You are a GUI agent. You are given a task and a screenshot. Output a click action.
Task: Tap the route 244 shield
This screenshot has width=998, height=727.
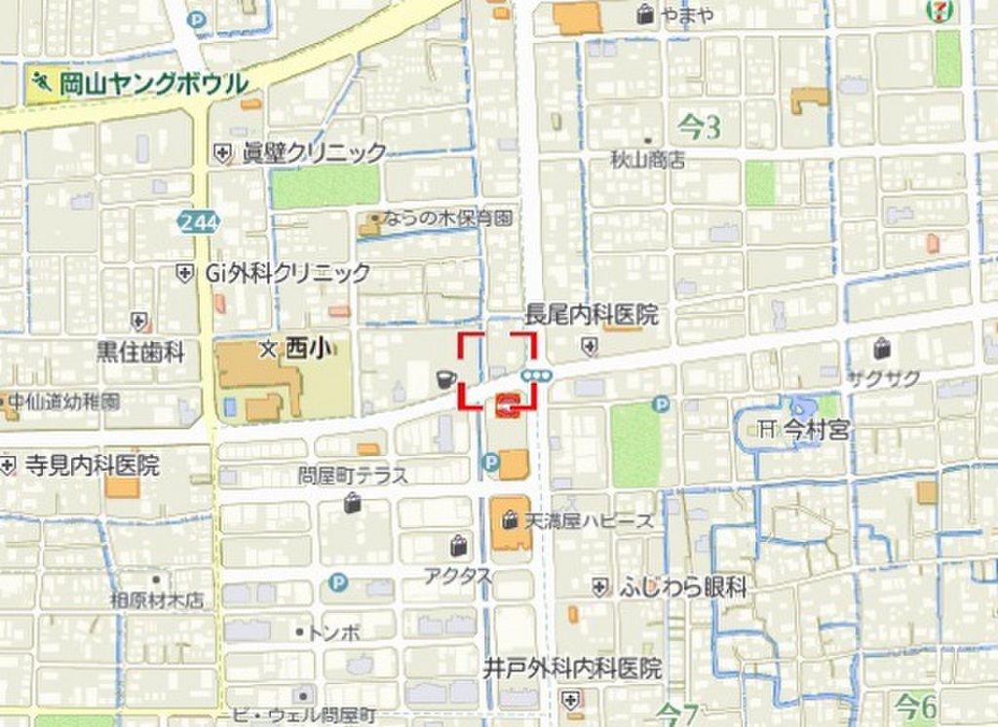point(198,222)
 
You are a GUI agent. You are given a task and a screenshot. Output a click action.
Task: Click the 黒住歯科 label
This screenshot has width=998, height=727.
point(140,352)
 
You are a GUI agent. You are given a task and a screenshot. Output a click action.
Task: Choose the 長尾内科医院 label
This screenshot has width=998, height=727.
point(592,316)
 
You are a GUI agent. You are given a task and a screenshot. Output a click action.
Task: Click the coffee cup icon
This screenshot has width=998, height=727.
point(445,379)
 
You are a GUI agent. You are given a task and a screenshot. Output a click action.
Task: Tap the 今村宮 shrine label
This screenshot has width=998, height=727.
point(816,430)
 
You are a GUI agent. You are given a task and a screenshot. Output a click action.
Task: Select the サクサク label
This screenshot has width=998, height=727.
point(883,379)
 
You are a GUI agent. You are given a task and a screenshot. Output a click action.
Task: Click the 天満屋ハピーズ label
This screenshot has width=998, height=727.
point(590,521)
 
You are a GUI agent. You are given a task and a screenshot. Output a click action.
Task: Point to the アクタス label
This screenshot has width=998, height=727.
point(457,575)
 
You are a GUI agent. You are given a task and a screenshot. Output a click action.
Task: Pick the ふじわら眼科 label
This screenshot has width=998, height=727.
point(683,588)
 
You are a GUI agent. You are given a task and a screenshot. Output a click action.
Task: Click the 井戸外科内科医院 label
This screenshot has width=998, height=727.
point(573,669)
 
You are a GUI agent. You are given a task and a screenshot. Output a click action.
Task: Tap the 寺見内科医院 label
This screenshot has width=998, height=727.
point(91,466)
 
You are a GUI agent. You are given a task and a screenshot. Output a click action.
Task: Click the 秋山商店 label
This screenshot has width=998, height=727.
point(648,159)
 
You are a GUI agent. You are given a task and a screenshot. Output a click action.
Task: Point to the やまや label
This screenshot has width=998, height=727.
point(687,14)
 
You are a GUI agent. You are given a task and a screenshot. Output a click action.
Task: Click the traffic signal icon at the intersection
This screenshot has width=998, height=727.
point(537,374)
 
